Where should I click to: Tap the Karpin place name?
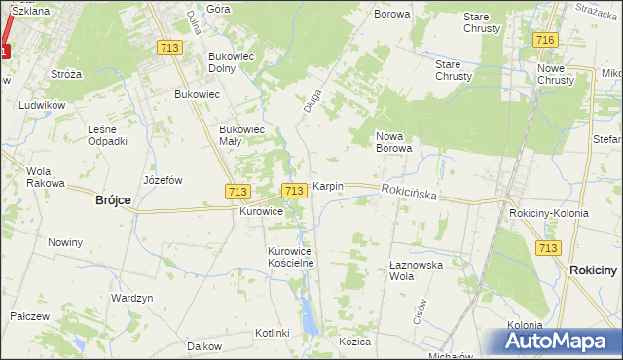[x=327, y=186]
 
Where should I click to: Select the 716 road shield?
[x=544, y=39]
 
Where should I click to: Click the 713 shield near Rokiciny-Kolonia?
[x=548, y=249]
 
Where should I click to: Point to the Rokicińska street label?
[x=409, y=194]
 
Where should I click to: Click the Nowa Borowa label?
[x=394, y=142]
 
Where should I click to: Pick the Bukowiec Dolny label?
[x=231, y=62]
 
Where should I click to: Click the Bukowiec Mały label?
[x=242, y=134]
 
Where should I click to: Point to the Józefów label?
[x=163, y=180]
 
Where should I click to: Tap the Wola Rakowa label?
[x=45, y=177]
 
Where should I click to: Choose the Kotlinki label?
[x=273, y=333]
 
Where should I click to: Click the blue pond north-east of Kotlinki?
[x=309, y=313]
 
